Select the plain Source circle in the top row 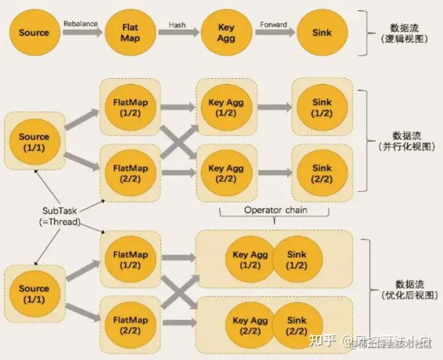coord(34,33)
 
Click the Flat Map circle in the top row coord(129,33)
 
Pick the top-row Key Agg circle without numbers coord(226,33)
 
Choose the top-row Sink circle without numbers coord(322,33)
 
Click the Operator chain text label coord(275,210)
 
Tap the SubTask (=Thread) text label coord(61,216)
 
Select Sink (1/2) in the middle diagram coord(322,108)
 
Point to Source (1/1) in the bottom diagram coord(34,294)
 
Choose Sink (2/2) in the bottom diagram coord(297,325)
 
